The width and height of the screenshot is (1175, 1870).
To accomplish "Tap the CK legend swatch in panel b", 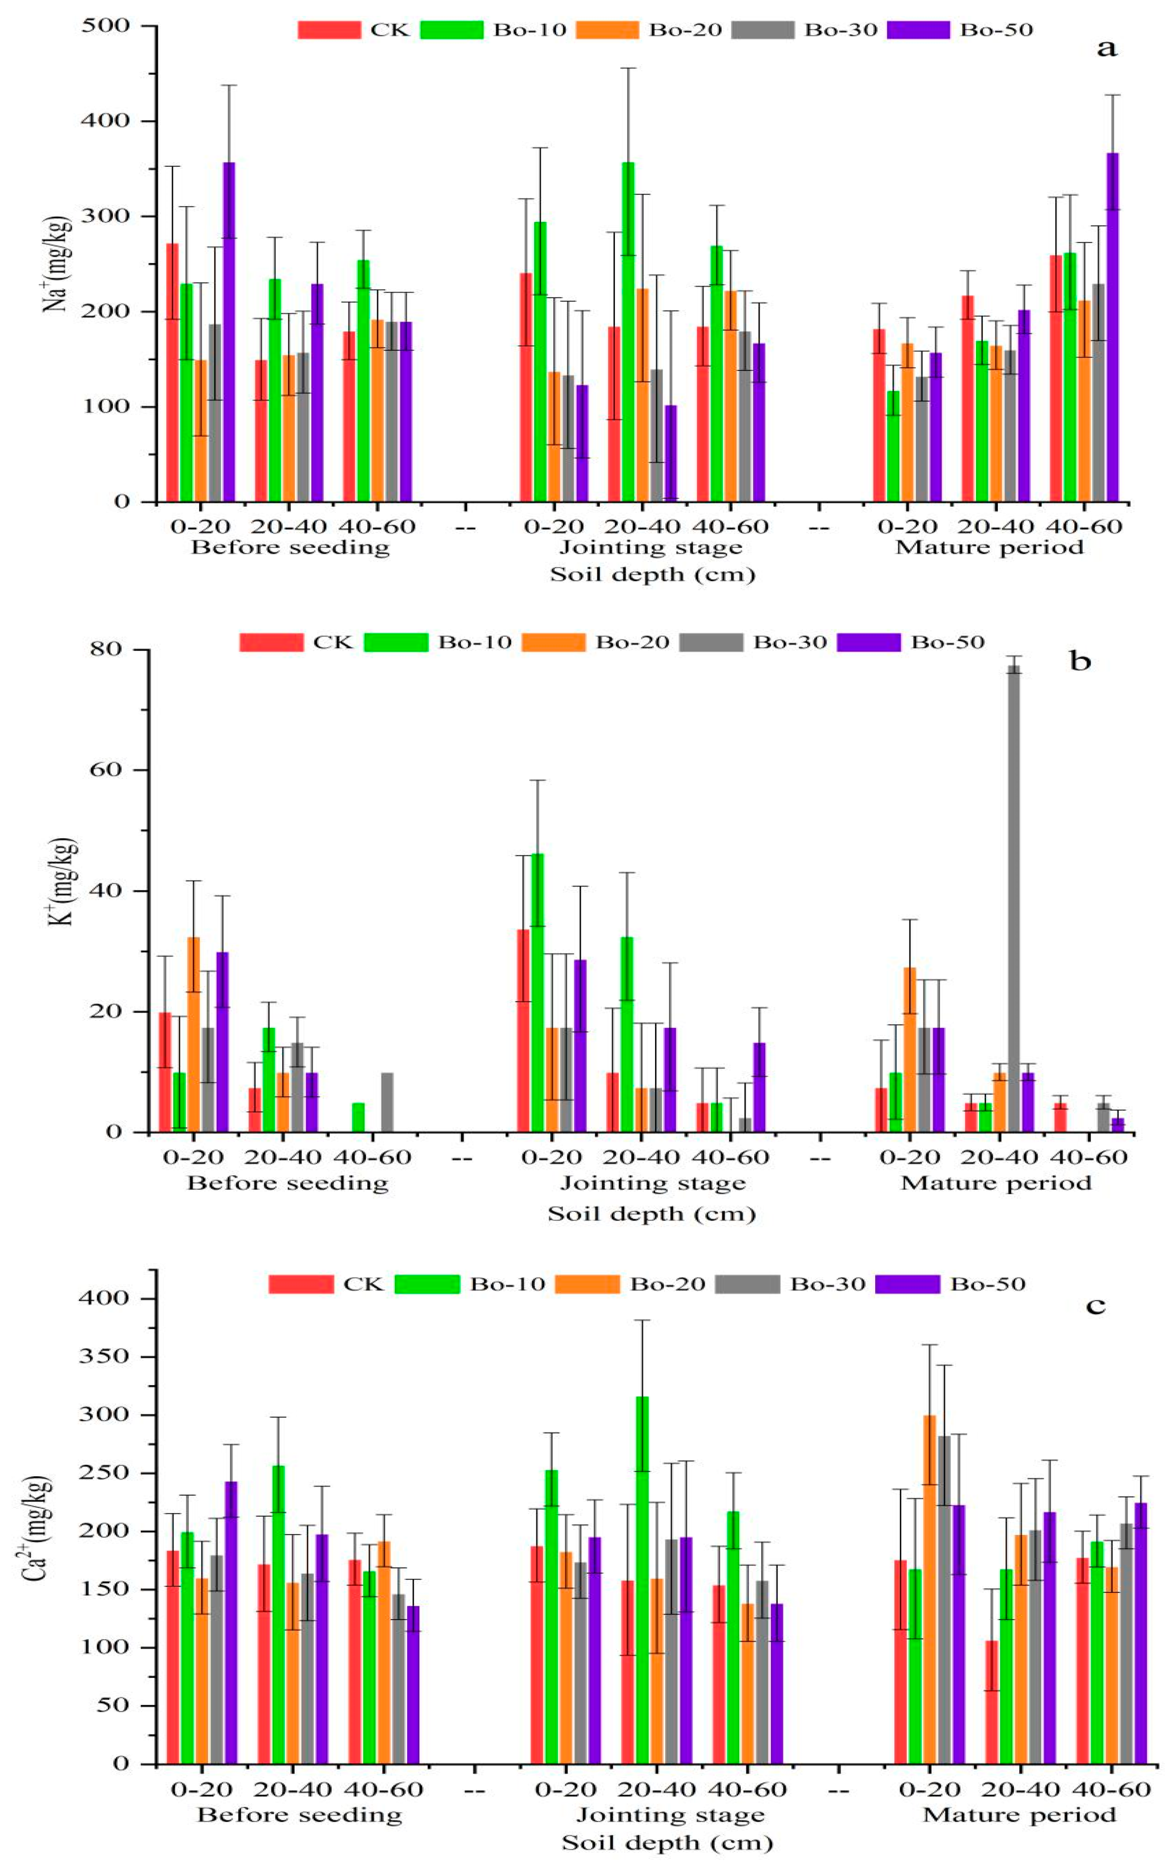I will [271, 642].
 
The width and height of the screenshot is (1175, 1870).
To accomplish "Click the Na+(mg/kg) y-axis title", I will [58, 264].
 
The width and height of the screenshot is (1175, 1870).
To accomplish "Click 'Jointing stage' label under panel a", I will [651, 548].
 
